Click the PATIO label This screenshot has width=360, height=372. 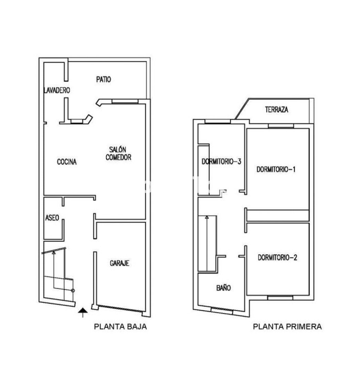[x=104, y=79]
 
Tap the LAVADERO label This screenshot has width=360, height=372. [x=57, y=90]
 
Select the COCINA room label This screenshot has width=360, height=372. [x=67, y=162]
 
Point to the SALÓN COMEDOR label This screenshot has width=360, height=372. [x=118, y=154]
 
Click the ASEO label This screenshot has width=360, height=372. [x=52, y=218]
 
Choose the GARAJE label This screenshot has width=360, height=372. [x=119, y=263]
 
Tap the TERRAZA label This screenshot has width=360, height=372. [x=277, y=110]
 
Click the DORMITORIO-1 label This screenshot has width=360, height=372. [x=276, y=169]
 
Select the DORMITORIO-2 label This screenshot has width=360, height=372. [x=277, y=257]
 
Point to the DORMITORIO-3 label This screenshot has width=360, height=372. [x=221, y=162]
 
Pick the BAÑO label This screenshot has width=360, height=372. [x=223, y=288]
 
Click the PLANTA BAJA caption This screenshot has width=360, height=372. [x=120, y=327]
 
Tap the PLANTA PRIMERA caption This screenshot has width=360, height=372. [x=287, y=327]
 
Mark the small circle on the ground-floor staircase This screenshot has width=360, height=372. [x=73, y=291]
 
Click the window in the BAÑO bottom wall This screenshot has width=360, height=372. [x=222, y=311]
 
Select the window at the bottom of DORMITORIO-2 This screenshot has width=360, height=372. [x=280, y=298]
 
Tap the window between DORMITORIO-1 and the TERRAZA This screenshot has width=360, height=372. [x=281, y=126]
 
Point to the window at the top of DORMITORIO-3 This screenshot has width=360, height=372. [x=218, y=122]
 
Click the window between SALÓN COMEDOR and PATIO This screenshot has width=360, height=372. [x=125, y=101]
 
